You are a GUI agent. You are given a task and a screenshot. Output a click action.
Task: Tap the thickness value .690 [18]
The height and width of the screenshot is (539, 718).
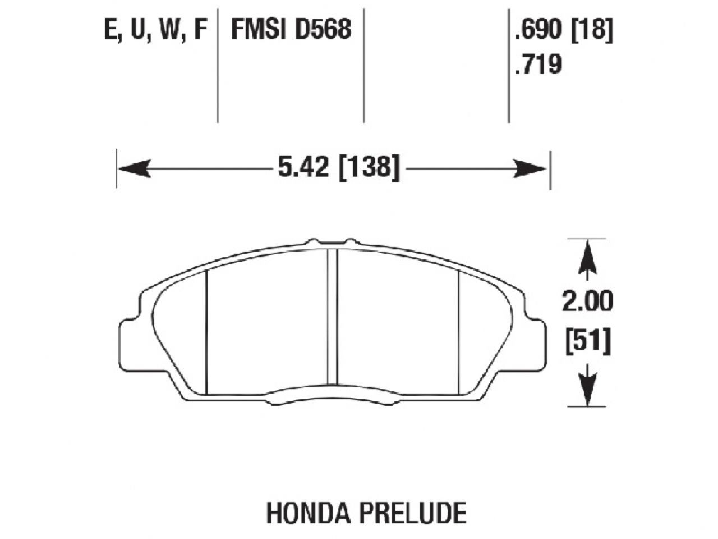pos(563,30)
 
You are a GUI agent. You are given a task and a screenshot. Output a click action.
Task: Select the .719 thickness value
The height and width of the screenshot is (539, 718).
pos(537,65)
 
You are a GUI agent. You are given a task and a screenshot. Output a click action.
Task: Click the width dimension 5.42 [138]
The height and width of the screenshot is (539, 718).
pos(339,168)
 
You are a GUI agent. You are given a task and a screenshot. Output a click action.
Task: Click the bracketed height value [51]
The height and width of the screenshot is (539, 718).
pos(587,342)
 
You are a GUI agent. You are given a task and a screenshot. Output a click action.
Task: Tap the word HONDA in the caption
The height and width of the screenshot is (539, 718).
pos(300,513)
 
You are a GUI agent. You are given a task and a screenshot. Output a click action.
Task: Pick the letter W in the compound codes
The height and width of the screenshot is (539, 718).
pos(169,30)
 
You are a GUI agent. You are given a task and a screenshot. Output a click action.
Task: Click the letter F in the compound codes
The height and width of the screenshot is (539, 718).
pos(200,30)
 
